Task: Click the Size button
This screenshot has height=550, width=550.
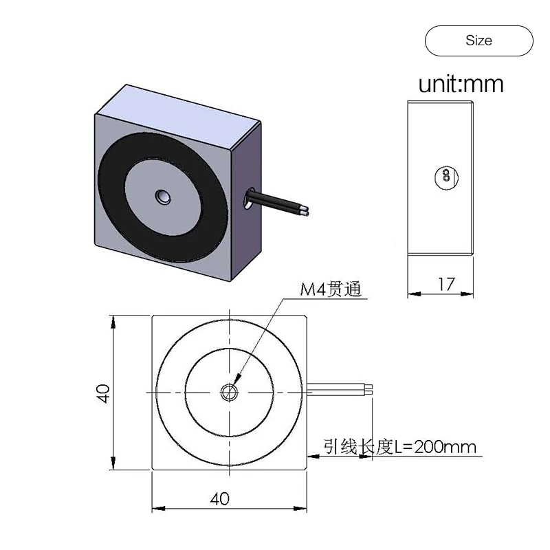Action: pyautogui.click(x=478, y=41)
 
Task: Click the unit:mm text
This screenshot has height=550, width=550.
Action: pyautogui.click(x=461, y=84)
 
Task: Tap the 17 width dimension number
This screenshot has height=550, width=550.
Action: pyautogui.click(x=446, y=284)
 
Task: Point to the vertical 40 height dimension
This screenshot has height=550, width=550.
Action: pyautogui.click(x=103, y=393)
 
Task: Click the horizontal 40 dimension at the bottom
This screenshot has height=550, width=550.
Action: pyautogui.click(x=219, y=498)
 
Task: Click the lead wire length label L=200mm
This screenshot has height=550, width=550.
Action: pyautogui.click(x=400, y=448)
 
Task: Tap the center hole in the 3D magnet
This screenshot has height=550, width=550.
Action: pyautogui.click(x=163, y=197)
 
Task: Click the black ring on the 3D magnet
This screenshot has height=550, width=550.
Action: pyautogui.click(x=117, y=206)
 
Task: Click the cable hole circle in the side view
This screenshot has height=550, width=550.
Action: pyautogui.click(x=445, y=176)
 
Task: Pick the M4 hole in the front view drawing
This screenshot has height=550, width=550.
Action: pyautogui.click(x=228, y=392)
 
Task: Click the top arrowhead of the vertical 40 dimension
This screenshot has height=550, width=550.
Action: pyautogui.click(x=113, y=321)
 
